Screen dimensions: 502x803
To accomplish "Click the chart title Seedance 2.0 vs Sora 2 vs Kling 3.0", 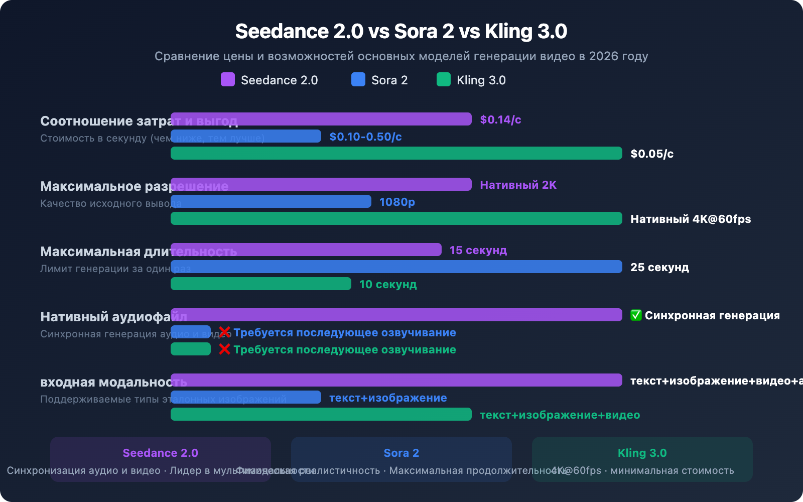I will [x=401, y=31].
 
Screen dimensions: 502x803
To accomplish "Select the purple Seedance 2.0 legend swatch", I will [x=228, y=79].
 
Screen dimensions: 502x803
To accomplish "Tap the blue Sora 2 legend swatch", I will [x=358, y=79].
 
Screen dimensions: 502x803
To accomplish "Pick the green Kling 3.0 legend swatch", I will [x=444, y=79].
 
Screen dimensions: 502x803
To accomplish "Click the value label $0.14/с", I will [x=500, y=119].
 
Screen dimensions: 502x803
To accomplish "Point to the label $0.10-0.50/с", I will [x=365, y=137].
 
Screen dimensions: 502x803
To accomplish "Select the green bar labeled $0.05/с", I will [x=396, y=153].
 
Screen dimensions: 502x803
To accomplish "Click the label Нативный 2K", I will [x=518, y=185].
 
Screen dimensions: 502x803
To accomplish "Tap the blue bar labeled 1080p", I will [x=271, y=201].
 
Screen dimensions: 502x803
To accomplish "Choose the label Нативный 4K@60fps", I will [x=691, y=219].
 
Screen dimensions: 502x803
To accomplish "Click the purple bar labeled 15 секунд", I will [x=306, y=249].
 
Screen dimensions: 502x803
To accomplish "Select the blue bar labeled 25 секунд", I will [x=396, y=267].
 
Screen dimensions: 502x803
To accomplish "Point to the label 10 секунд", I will [x=388, y=284].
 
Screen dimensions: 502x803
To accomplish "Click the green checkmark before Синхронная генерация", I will [x=636, y=315].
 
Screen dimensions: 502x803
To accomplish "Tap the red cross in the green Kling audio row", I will [x=224, y=349].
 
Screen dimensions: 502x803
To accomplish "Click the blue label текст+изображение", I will [x=388, y=398].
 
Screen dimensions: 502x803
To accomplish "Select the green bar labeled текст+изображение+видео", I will [x=321, y=414].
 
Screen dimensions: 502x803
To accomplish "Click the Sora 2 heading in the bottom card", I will [x=401, y=453].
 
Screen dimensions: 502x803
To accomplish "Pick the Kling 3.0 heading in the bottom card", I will [x=642, y=453].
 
